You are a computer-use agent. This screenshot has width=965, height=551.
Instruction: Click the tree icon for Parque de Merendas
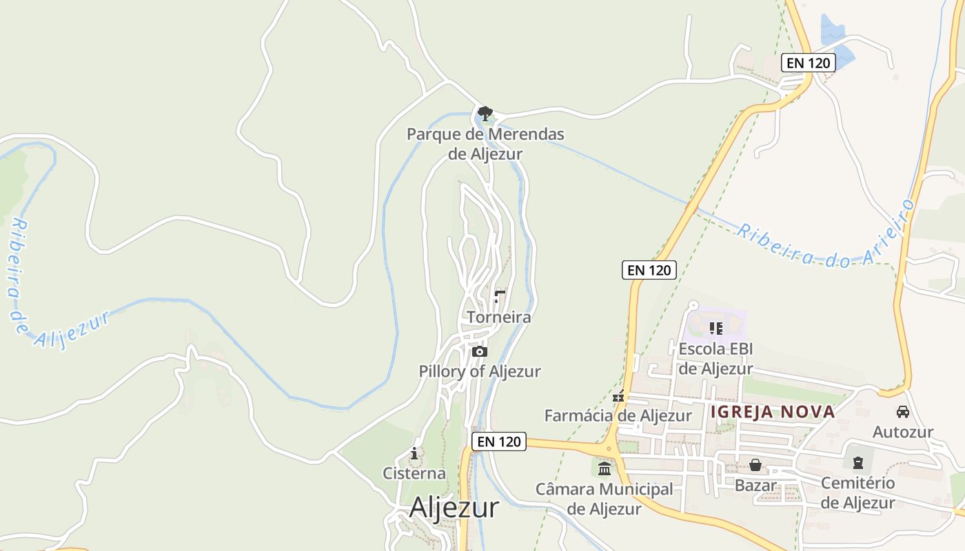pos(485,112)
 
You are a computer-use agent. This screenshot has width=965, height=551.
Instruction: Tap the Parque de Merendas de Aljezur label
pos(485,144)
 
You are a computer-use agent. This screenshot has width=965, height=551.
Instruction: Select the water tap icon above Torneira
pos(500,297)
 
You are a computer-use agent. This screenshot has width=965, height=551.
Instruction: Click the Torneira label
pos(499,318)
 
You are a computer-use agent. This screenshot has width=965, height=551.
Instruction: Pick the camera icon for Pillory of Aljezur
pos(480,352)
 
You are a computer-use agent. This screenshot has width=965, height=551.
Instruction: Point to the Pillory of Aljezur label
pos(480,371)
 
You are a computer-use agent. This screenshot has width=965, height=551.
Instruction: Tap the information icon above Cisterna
pos(414,453)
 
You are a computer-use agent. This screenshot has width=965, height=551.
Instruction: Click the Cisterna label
pos(414,474)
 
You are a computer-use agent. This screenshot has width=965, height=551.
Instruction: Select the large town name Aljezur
pos(454,508)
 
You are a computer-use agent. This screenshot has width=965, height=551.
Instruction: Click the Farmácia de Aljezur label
pos(618,416)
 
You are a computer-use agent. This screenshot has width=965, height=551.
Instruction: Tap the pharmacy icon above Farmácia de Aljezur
pos(618,396)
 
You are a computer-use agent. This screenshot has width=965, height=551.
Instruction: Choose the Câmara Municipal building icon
pos(605,469)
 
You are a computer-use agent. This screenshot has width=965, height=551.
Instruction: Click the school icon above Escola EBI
pos(715,329)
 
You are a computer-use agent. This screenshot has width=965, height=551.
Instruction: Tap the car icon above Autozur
pos(902,412)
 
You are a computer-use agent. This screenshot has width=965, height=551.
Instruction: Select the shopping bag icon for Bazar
pos(755,465)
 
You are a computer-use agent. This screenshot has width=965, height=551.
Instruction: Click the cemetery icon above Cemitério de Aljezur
pos(857,463)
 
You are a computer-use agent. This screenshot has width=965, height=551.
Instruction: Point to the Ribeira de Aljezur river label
pos(41,289)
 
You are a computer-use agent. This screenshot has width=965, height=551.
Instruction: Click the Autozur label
pos(902,433)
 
